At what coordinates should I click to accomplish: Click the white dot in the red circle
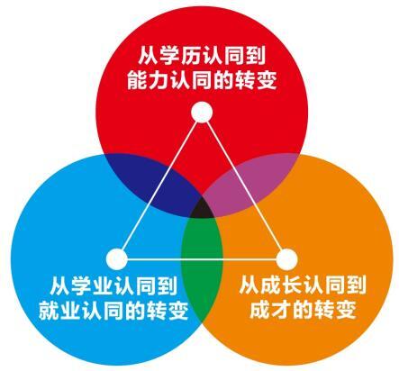click(202, 113)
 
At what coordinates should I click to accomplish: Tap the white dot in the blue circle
click(117, 258)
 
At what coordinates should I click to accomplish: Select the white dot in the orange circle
click(286, 258)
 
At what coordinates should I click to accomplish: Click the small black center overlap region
click(202, 209)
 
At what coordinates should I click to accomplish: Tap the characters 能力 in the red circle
click(148, 80)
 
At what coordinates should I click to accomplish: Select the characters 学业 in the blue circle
click(92, 286)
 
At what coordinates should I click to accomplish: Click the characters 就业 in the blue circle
click(59, 311)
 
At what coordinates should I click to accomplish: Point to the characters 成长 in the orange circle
click(281, 285)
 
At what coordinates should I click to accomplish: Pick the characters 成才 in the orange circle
click(270, 310)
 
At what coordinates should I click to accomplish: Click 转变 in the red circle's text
click(256, 80)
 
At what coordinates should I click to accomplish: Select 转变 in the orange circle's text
click(335, 310)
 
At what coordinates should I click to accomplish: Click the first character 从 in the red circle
click(149, 56)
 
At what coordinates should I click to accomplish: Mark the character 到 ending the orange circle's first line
click(357, 285)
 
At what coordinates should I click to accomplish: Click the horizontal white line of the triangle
click(202, 258)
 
